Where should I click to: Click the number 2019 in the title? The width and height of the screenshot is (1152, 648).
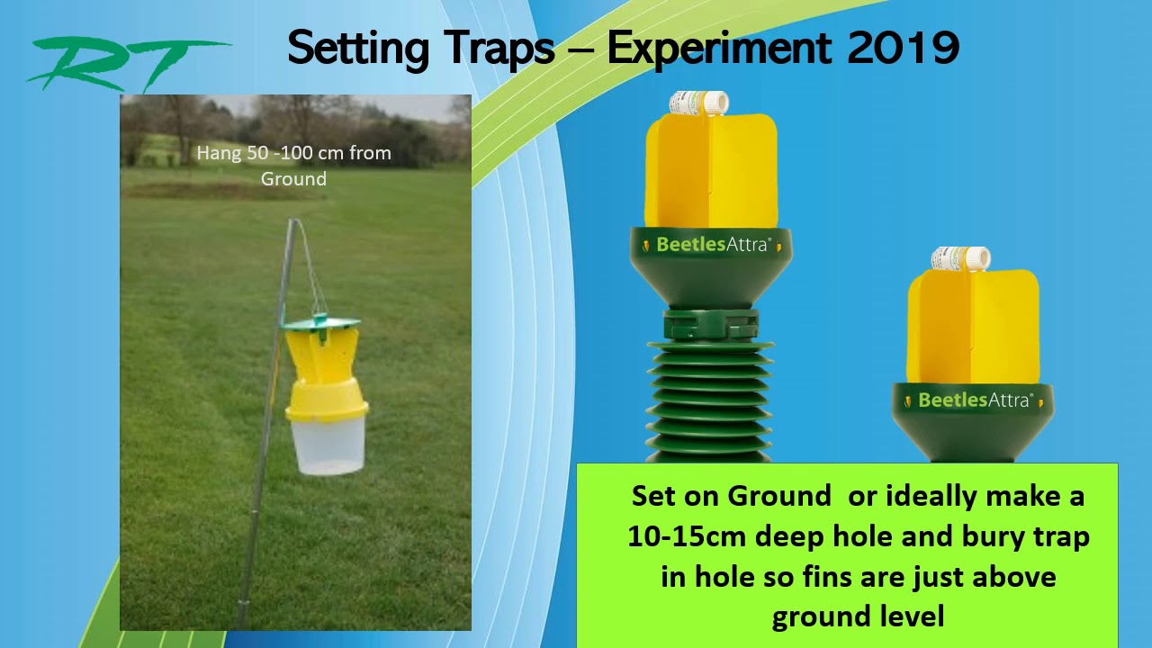coord(903,47)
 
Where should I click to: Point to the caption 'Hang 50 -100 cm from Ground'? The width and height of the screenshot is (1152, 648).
coord(293,166)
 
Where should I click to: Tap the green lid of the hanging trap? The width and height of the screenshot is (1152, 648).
coord(320,322)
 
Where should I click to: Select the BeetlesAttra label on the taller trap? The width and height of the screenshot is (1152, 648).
coord(712,244)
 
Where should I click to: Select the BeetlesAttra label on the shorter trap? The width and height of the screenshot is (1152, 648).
coord(973,400)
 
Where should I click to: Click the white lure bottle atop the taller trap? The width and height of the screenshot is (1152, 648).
coord(698,103)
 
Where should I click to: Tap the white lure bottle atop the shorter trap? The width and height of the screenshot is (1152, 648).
coord(960,259)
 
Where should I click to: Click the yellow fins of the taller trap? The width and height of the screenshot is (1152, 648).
coord(711,171)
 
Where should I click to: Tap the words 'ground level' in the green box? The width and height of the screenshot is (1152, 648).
coord(858,616)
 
